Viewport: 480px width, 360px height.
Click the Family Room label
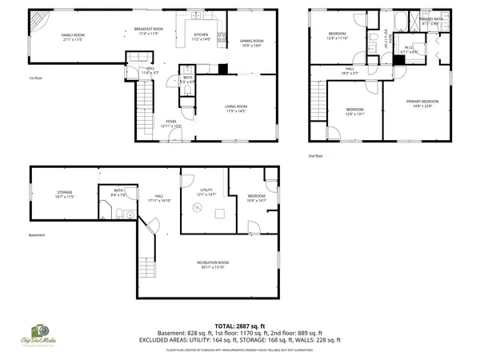(74, 35)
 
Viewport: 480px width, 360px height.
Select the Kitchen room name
(201, 34)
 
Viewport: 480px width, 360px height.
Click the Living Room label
(235, 106)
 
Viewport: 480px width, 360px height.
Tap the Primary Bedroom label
(422, 101)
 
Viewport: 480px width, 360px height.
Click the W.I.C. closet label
(409, 47)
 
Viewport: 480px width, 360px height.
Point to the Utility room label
(206, 190)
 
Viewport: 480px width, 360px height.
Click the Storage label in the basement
(65, 193)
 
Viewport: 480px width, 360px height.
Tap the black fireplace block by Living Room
(223, 69)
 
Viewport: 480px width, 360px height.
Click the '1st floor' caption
(35, 78)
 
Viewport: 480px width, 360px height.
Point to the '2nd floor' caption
(316, 156)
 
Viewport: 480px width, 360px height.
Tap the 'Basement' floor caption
(37, 235)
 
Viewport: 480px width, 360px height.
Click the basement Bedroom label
(256, 196)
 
